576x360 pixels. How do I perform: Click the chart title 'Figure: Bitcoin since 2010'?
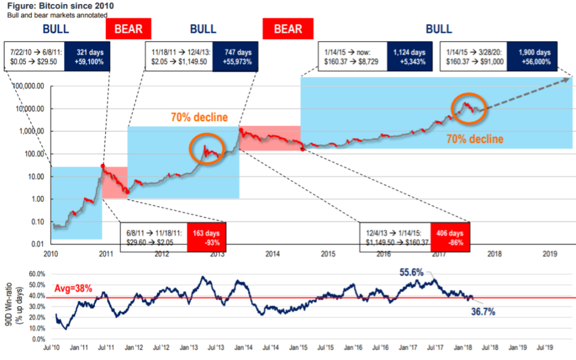click(x=61, y=6)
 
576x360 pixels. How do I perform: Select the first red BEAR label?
click(x=128, y=29)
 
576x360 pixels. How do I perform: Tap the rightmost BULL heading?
click(x=439, y=29)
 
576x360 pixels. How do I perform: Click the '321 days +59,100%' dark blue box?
click(x=87, y=57)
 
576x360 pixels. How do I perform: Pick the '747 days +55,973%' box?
click(x=235, y=57)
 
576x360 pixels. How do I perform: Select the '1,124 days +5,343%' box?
click(x=409, y=57)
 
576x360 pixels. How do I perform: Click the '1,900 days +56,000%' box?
click(x=532, y=57)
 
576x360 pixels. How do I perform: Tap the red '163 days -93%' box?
click(x=206, y=237)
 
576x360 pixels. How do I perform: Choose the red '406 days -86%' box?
click(x=450, y=237)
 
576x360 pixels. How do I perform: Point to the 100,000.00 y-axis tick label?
click(x=29, y=86)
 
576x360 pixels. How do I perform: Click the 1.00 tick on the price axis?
click(x=36, y=199)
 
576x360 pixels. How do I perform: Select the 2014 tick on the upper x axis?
click(x=273, y=254)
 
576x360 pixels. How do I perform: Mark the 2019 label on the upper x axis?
click(x=550, y=254)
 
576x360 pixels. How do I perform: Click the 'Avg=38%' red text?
click(x=73, y=288)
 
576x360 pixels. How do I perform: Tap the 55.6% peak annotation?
click(x=411, y=272)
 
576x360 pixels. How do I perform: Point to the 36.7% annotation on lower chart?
click(x=483, y=312)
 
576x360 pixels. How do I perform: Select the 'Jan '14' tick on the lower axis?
click(x=243, y=347)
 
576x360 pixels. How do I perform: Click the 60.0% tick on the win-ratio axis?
click(x=37, y=274)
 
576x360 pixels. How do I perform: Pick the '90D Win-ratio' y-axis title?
click(x=9, y=304)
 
